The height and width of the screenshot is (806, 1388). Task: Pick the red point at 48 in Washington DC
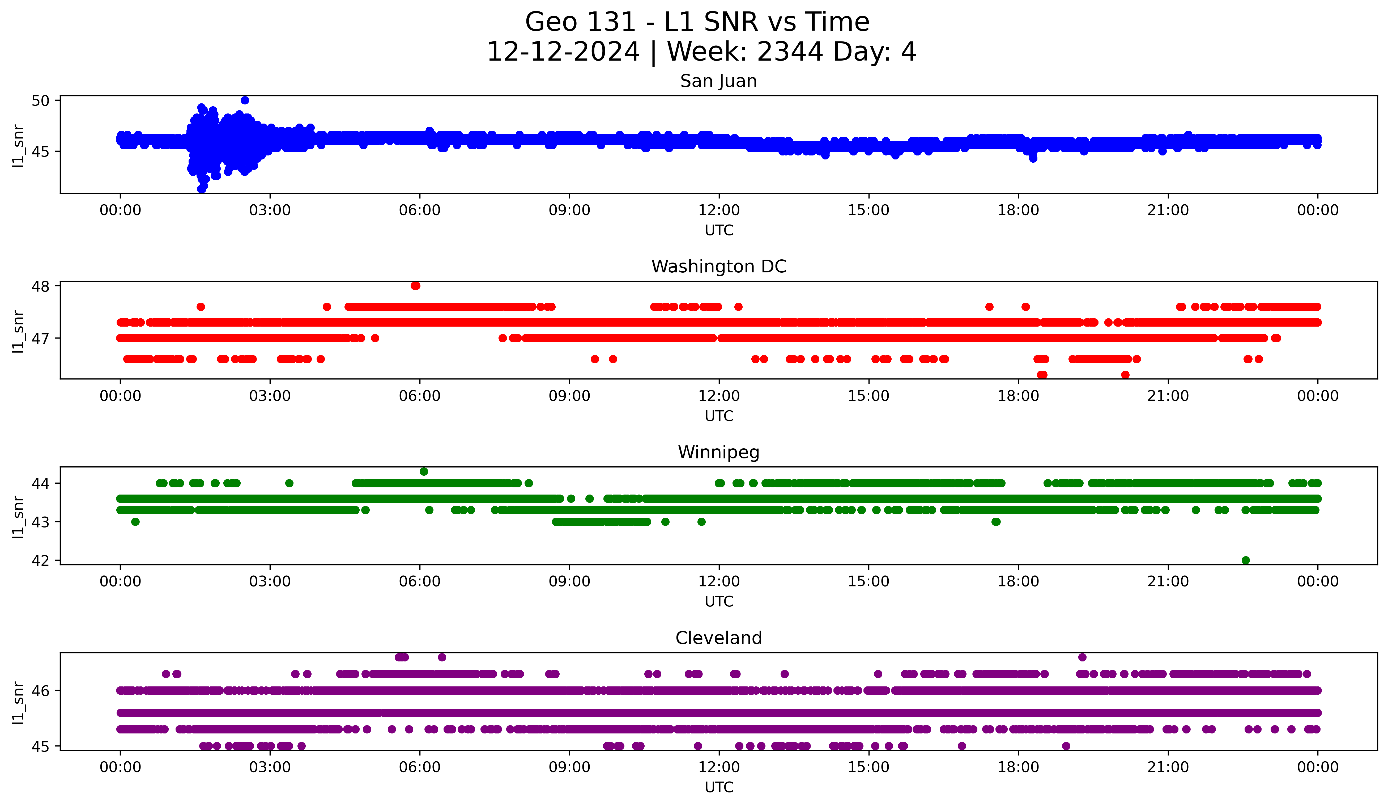[x=415, y=285]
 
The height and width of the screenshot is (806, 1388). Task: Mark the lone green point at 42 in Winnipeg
[x=1246, y=560]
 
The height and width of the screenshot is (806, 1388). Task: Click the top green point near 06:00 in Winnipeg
[x=424, y=472]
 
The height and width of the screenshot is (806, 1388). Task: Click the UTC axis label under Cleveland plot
[x=719, y=787]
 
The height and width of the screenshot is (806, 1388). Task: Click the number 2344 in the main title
[x=790, y=52]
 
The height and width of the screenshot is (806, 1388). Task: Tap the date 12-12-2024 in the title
[x=563, y=52]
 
